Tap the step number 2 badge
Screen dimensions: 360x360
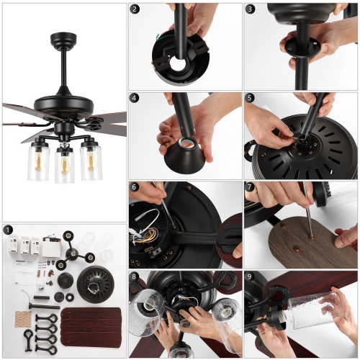[x=135, y=9]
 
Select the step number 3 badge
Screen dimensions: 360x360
[x=250, y=9]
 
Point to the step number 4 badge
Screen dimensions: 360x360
[x=135, y=98]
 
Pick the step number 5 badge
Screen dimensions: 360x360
[x=250, y=98]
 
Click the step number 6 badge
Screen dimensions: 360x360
[x=135, y=186]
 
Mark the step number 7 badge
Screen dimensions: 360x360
[x=250, y=186]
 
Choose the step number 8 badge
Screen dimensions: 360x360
[x=135, y=276]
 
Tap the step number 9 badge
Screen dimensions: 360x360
[x=250, y=276]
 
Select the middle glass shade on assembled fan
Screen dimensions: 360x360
[x=65, y=164]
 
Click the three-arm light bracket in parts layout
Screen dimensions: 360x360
[x=72, y=249]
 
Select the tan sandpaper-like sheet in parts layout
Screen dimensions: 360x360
[x=21, y=317]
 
